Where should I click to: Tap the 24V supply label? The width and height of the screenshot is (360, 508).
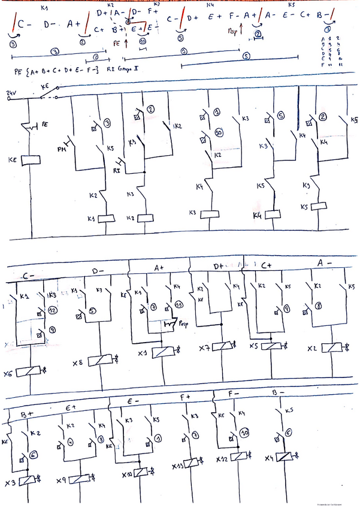tap(10, 93)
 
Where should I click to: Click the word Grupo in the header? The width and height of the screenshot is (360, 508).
tap(128, 69)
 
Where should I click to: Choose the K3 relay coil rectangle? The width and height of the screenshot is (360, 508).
tap(209, 213)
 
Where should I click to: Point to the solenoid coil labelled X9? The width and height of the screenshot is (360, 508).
tap(79, 479)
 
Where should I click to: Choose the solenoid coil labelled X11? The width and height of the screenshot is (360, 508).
tap(193, 462)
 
